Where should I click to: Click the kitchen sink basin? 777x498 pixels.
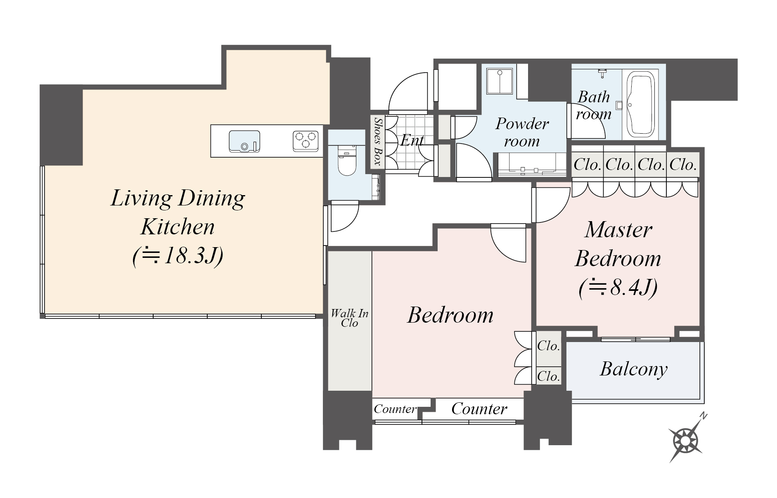[x=244, y=141]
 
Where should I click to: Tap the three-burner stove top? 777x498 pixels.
[x=306, y=140]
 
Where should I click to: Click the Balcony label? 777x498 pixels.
[x=633, y=369]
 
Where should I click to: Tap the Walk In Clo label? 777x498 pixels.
[x=349, y=318]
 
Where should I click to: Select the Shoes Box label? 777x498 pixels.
[x=377, y=141]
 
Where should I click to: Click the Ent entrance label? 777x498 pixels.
[x=412, y=141]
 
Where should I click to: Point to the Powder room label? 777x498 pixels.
[x=522, y=132]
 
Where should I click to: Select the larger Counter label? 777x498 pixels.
[x=479, y=408]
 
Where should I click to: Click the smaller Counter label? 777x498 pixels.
[x=395, y=409]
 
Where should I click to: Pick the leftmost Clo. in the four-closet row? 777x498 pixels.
[x=587, y=165]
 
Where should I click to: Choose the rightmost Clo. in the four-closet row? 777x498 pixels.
[x=683, y=165]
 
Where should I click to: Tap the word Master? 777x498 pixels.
[x=618, y=230]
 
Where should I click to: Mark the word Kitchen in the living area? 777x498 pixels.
[x=178, y=227]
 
